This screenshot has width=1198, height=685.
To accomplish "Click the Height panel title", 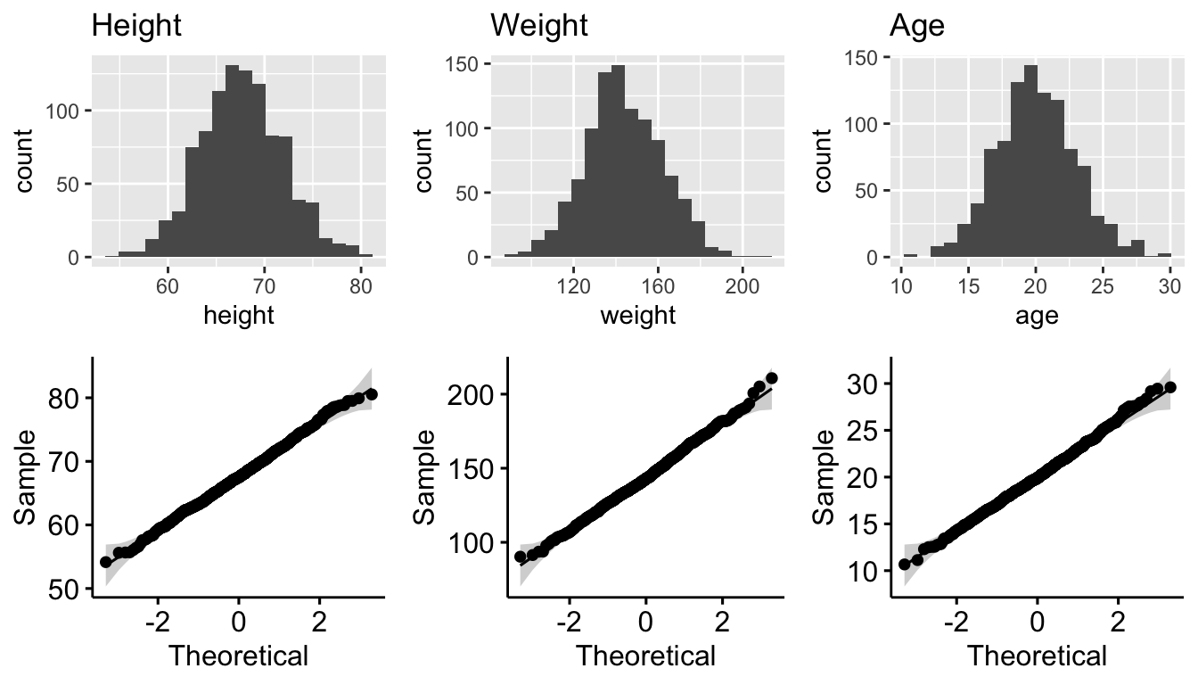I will click(136, 26).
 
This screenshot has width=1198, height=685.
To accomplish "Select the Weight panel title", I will click(539, 26).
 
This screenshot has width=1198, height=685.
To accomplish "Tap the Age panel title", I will click(917, 26).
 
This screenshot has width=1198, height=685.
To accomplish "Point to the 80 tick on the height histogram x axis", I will click(361, 286).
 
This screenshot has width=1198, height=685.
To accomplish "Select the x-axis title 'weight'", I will click(638, 315).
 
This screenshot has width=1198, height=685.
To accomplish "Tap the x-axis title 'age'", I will click(1037, 315).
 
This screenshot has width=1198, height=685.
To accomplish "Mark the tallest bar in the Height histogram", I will click(233, 161).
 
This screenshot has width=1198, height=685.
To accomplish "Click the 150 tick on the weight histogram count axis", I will click(467, 63).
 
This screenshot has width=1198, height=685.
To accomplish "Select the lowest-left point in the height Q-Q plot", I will click(106, 562).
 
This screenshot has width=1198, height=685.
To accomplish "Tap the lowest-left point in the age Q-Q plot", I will click(905, 564).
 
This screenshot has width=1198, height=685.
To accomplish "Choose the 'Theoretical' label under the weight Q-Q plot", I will click(645, 656).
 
